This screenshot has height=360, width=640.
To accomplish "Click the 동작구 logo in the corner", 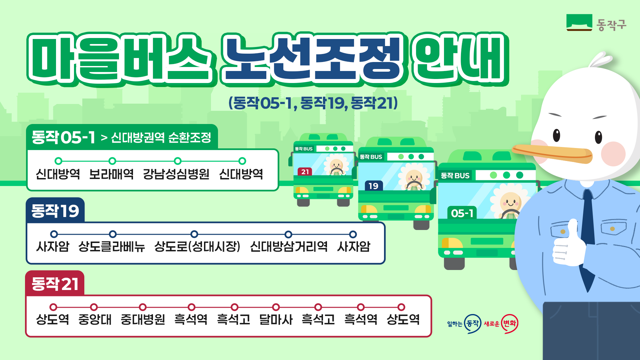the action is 596,23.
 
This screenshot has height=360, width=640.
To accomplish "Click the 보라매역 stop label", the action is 111,174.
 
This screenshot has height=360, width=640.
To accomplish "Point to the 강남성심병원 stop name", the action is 176,174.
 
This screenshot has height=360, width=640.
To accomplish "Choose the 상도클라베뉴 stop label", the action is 112,247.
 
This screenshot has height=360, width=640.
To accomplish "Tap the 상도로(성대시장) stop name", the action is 197,247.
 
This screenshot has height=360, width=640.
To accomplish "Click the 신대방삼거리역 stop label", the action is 289,247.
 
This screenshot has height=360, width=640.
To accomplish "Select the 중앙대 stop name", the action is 95,319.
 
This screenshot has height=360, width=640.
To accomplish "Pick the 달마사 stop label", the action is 276,319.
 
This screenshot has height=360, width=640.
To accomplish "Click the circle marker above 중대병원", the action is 143,307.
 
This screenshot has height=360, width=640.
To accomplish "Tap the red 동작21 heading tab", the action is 55,283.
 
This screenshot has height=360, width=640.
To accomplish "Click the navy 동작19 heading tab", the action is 55,210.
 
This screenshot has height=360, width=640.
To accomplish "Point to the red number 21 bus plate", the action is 305,172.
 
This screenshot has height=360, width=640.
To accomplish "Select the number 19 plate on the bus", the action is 374,186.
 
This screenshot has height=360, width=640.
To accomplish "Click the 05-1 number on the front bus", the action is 462,213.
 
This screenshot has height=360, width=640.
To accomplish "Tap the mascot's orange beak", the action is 552,154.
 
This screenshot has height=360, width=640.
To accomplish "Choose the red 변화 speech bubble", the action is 510,323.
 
